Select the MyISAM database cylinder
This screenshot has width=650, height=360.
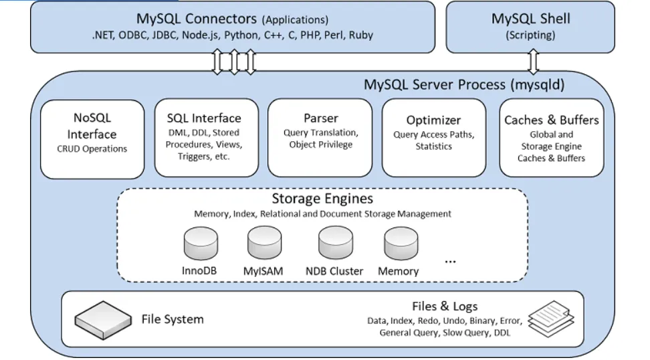click(264, 244)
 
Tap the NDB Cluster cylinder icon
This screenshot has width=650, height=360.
click(334, 244)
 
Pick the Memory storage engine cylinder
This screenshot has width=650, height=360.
click(399, 244)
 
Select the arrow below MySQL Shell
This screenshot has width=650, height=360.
click(533, 62)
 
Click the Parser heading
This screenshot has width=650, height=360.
click(321, 118)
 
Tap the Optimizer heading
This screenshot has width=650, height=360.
click(433, 120)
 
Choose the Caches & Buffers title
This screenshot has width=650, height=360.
click(551, 120)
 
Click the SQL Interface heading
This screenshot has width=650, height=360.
click(204, 118)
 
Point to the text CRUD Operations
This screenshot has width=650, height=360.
click(92, 149)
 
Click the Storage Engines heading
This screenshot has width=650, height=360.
click(322, 199)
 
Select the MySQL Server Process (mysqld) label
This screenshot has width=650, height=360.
click(464, 85)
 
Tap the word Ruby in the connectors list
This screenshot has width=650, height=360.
click(360, 35)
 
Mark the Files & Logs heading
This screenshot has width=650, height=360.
click(445, 306)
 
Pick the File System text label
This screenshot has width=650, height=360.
click(173, 319)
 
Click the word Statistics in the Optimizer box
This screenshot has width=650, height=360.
click(433, 146)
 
